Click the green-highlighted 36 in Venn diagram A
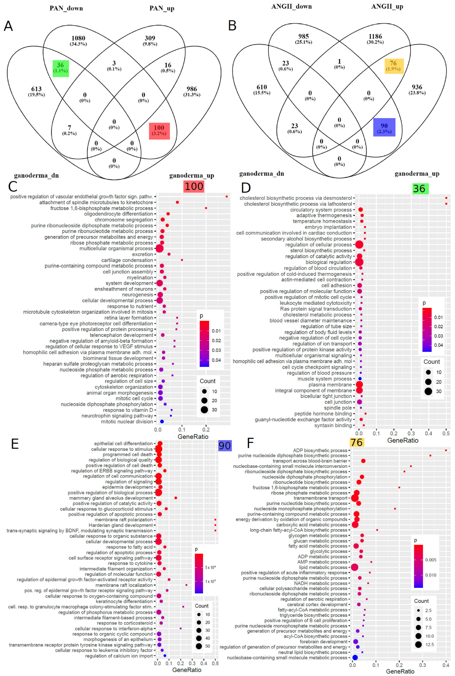coord(60,65)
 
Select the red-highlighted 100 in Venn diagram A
coord(159,128)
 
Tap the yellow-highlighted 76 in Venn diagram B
coord(393,63)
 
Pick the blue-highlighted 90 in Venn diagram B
coord(384,126)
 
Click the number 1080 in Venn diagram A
coord(78,38)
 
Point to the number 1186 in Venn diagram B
coord(375,37)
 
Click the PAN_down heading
coord(66,8)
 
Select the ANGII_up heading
coord(387,7)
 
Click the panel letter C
coord(13,187)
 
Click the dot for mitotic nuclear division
coord(162,422)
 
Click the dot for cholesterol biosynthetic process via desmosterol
coord(446,198)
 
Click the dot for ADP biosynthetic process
coord(446,450)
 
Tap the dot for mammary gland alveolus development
coord(176,498)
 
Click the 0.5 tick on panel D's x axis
coord(446,434)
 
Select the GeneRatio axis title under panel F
coord(400,671)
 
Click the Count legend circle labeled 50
coord(199,646)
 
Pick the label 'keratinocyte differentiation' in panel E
coord(124,601)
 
